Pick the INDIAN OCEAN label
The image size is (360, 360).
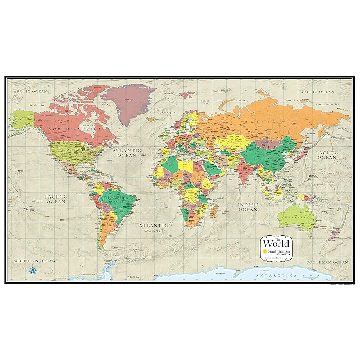pyautogui.click(x=247, y=207)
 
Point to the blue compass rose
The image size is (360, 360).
pyautogui.click(x=32, y=270)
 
